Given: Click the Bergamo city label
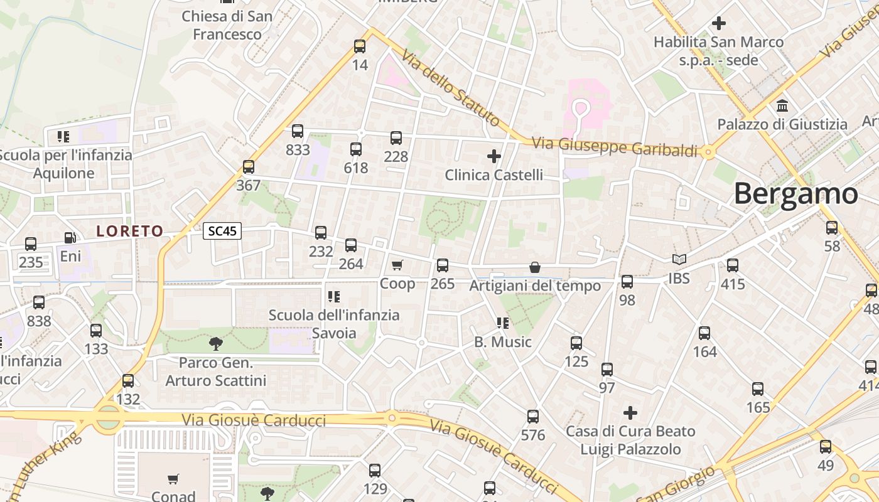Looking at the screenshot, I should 795,193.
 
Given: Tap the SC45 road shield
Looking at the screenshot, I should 222,231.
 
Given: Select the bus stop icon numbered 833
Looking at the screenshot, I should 298,131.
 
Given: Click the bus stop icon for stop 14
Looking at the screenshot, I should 360,46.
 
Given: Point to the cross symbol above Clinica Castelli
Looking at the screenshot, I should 494,156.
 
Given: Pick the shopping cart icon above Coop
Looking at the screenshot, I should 397,265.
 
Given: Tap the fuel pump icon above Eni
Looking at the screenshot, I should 70,238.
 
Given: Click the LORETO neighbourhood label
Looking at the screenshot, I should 129,231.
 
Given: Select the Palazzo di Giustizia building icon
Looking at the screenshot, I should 782,105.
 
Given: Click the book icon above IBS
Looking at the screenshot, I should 679,259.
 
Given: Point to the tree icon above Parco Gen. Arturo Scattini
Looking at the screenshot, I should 216,343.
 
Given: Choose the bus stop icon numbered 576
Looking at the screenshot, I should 533,416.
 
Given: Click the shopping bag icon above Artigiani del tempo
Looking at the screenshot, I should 535,268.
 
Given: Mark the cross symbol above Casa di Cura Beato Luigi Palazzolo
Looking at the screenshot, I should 630,412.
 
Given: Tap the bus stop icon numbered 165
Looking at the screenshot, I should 758,389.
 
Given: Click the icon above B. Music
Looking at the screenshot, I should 502,323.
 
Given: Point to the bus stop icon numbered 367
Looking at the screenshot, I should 249,167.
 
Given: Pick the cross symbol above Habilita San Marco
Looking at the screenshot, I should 719,23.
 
